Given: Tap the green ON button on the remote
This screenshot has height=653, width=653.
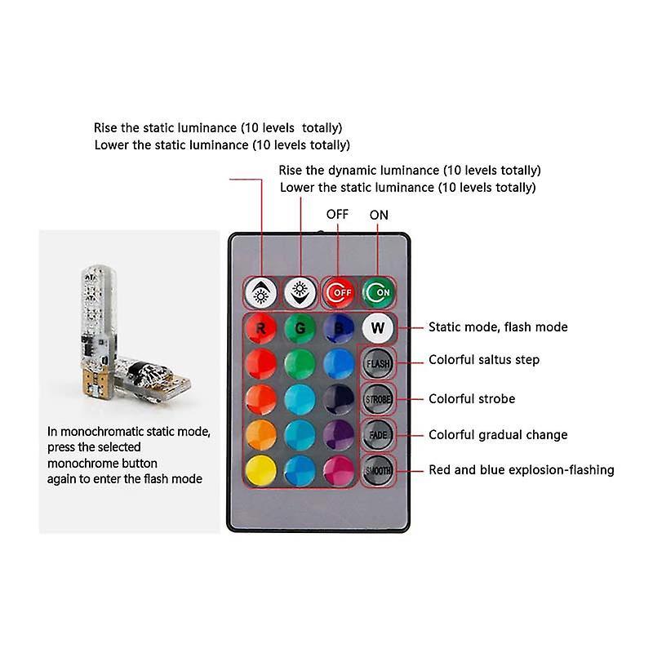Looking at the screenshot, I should (377, 291).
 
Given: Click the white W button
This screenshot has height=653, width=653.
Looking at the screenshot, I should (377, 328).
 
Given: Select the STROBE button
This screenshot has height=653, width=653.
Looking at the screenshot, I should (378, 398).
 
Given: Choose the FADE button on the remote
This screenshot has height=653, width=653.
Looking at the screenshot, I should (378, 434).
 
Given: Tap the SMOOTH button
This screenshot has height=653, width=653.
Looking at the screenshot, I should (378, 469).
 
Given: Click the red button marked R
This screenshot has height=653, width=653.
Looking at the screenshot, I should (260, 328).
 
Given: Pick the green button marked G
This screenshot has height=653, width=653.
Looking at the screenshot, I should (300, 328).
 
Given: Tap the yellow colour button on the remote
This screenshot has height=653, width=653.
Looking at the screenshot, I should (260, 469).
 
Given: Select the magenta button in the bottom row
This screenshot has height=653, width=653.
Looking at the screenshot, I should (338, 469).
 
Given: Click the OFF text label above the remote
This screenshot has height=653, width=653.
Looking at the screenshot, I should (337, 214).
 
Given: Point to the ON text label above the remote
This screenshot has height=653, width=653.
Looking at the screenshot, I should (380, 215).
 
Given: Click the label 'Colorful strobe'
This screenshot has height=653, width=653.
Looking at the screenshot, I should (472, 399).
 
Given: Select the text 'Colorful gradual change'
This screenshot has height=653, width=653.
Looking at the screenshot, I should (498, 435).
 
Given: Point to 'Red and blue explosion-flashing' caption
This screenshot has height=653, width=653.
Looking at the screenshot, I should (522, 469).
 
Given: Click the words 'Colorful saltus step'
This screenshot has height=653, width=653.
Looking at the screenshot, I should (484, 360).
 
